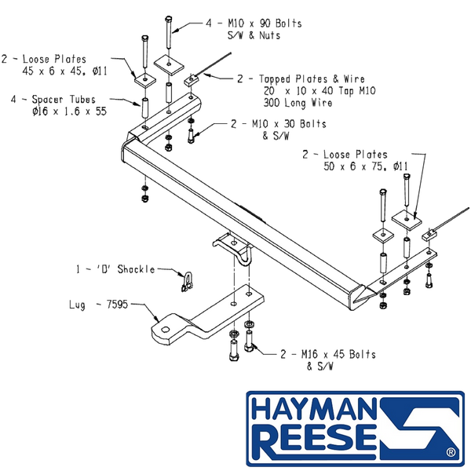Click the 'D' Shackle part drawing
[187, 282]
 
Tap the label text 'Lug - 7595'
[99, 305]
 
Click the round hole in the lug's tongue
[165, 330]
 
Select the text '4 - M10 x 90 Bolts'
[254, 24]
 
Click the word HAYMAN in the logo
[313, 410]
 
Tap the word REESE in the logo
[314, 440]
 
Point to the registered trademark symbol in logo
[451, 452]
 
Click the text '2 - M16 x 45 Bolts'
[327, 355]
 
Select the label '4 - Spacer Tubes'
[53, 100]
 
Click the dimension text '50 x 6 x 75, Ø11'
[366, 166]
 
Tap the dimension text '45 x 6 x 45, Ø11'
[64, 71]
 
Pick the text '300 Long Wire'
[298, 103]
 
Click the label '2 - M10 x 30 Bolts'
[279, 124]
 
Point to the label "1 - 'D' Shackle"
[115, 269]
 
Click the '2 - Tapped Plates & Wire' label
[301, 79]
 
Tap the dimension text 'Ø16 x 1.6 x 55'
[69, 111]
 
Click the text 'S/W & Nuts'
[254, 35]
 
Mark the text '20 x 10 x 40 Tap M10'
[319, 91]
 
